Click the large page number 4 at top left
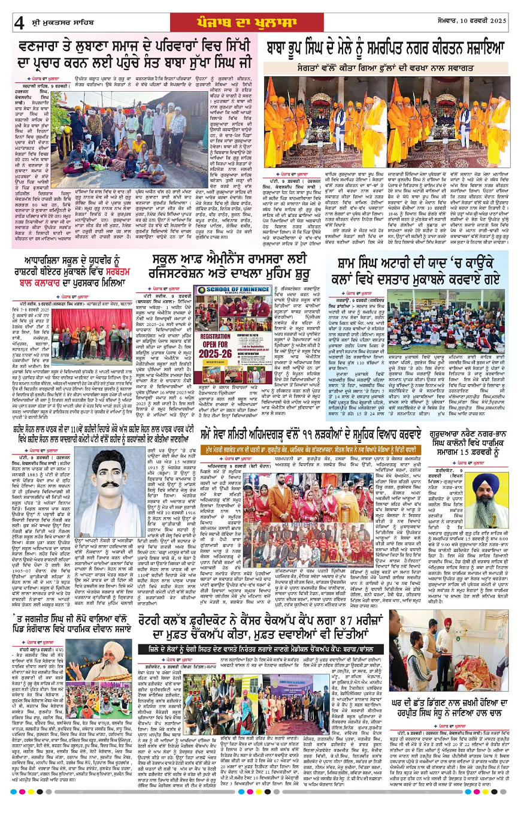(x=19, y=22)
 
